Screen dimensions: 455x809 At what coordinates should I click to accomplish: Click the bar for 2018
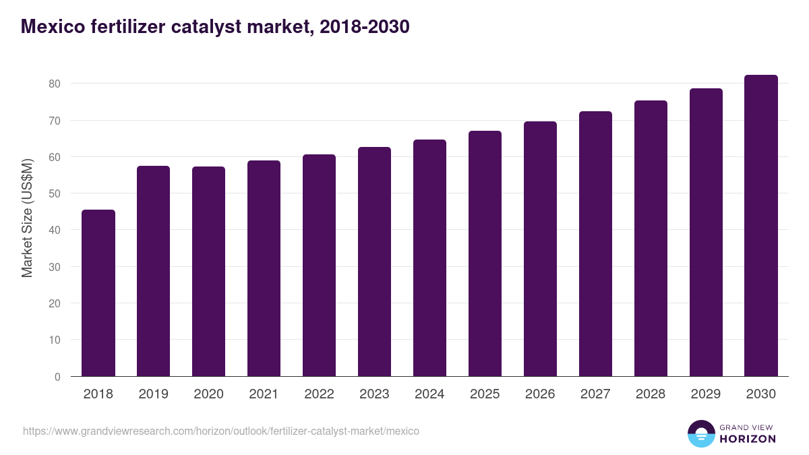(x=98, y=293)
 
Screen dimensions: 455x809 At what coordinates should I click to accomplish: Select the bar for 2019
(x=154, y=271)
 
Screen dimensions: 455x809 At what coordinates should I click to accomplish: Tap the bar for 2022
(x=319, y=266)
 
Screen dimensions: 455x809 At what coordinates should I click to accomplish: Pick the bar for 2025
(x=485, y=253)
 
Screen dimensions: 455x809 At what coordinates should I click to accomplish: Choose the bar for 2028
(x=651, y=239)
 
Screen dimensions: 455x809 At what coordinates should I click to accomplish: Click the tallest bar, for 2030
(x=761, y=226)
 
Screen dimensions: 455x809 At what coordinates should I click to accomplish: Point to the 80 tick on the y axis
(x=54, y=84)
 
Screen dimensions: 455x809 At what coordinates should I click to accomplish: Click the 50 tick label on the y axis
(x=54, y=193)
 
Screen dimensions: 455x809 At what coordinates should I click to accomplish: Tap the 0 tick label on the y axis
(x=57, y=377)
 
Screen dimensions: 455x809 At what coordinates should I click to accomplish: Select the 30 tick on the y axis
(x=54, y=267)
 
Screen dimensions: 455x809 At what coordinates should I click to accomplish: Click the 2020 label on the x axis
(x=209, y=394)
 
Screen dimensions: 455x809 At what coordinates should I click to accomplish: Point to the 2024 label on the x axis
(x=429, y=394)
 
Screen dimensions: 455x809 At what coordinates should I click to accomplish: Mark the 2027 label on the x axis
(x=595, y=394)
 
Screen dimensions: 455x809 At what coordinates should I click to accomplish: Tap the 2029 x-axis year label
(x=706, y=394)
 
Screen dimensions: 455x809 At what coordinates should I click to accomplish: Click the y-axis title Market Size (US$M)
(x=28, y=218)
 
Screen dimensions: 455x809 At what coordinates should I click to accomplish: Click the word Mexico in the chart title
(x=51, y=27)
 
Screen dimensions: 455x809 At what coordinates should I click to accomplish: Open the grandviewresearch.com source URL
(x=221, y=431)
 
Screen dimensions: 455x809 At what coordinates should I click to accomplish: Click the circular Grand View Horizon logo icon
(x=700, y=434)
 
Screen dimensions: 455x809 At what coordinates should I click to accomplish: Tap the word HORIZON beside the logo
(x=747, y=439)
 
